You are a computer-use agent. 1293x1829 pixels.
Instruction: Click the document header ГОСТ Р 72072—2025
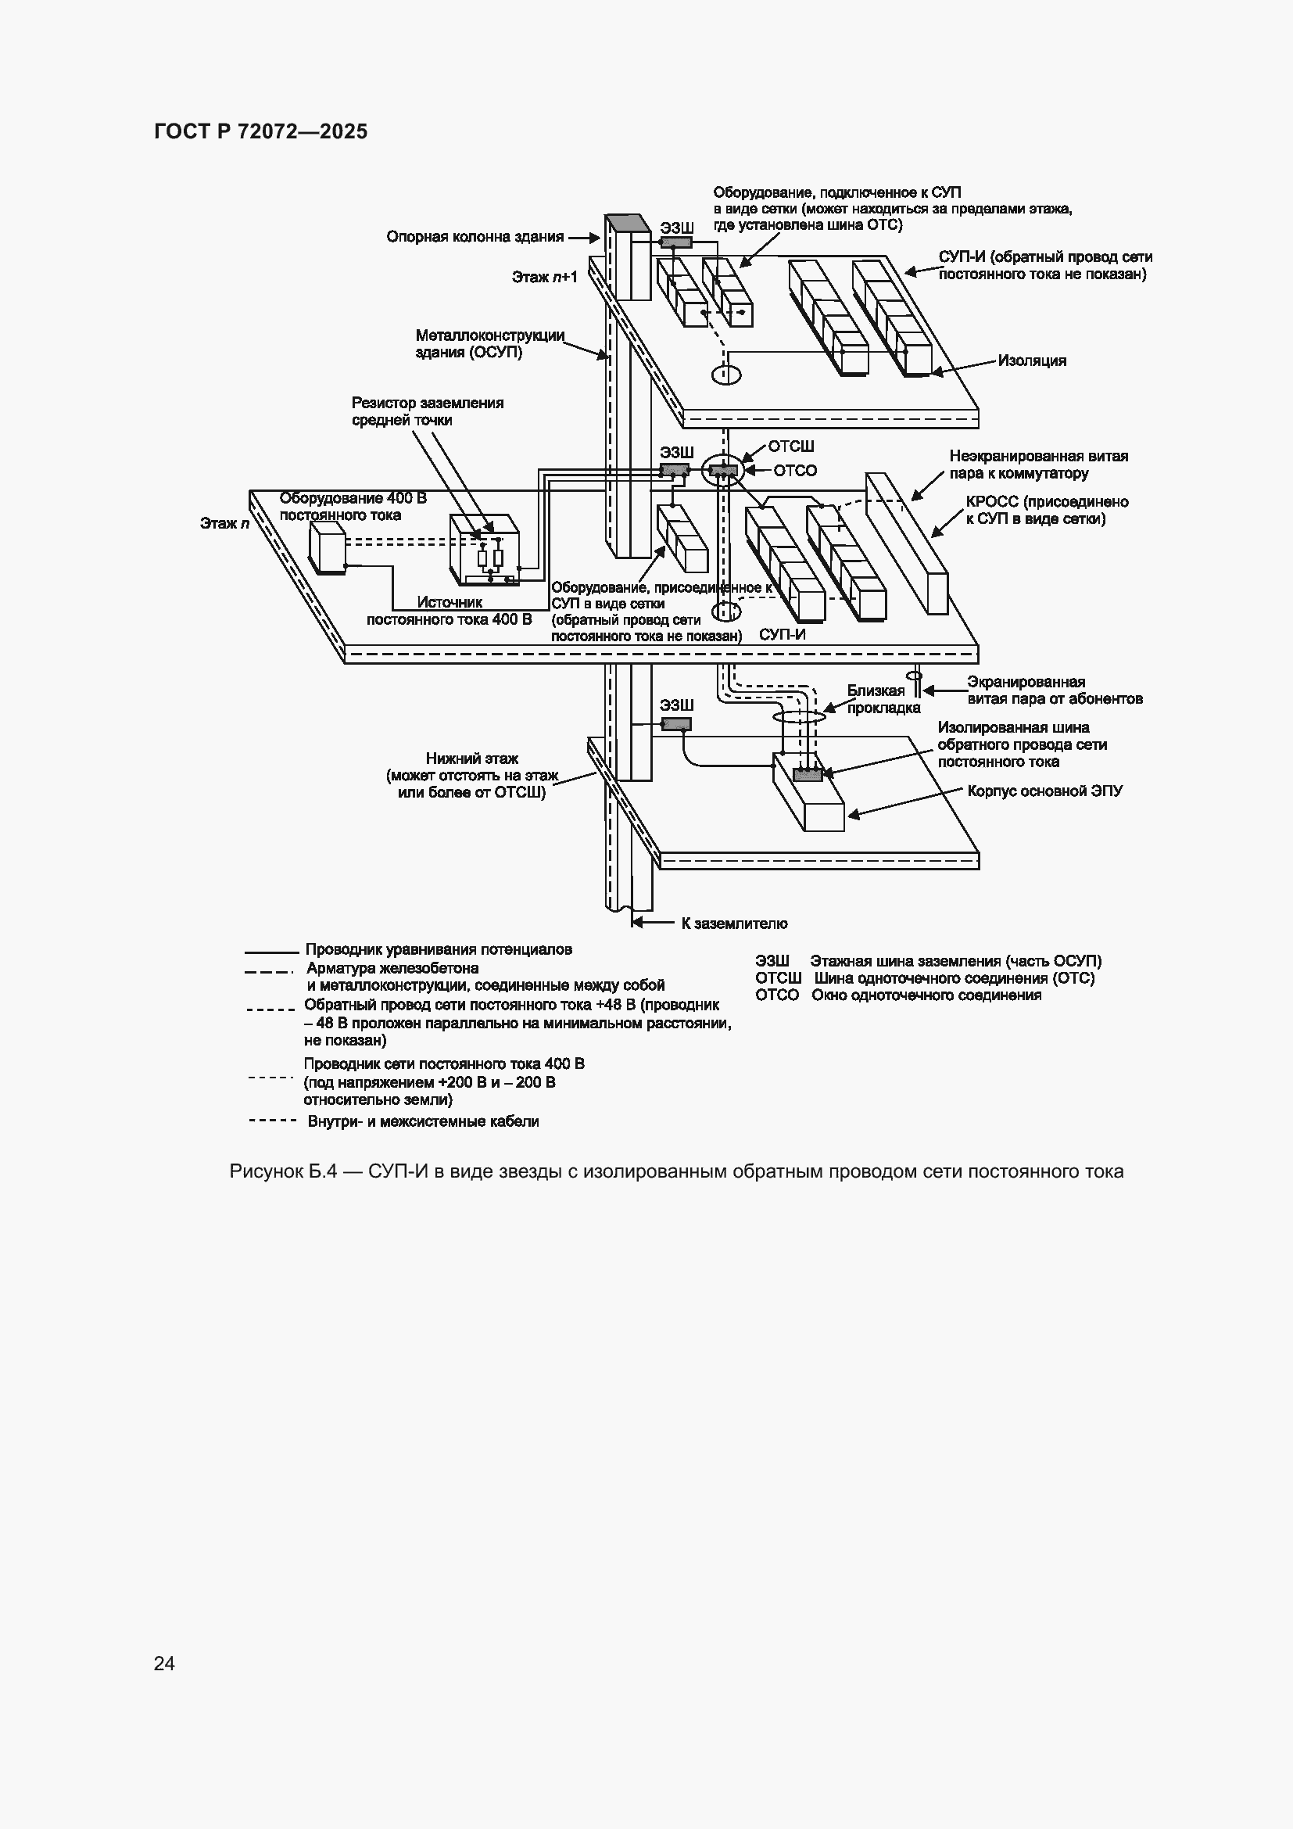tap(261, 131)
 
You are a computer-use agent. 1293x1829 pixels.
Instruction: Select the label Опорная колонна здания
tap(475, 237)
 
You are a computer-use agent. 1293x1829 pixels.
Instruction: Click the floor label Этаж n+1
tap(545, 278)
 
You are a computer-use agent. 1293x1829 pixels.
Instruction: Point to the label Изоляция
tap(1033, 360)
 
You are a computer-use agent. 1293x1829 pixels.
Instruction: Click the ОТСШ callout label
tap(790, 447)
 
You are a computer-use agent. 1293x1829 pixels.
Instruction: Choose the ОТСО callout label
tap(795, 471)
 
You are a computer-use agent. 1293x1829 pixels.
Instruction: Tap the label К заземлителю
tap(734, 923)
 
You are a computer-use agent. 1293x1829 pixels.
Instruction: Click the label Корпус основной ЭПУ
tap(1045, 791)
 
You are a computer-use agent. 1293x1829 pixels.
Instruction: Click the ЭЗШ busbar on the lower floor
tap(676, 724)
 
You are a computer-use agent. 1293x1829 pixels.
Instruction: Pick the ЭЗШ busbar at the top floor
tap(676, 243)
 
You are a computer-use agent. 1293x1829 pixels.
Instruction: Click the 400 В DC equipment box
tap(328, 547)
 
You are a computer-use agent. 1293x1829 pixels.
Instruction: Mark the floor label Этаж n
tap(224, 523)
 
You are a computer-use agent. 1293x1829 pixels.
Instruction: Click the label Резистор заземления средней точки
tap(428, 411)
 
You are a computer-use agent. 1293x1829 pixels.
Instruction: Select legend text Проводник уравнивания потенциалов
tap(439, 949)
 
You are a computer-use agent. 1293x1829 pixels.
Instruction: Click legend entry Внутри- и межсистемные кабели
tap(424, 1121)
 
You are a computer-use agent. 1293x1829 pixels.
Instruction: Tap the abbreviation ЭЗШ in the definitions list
tap(772, 962)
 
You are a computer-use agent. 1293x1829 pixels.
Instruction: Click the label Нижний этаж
tap(472, 759)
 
